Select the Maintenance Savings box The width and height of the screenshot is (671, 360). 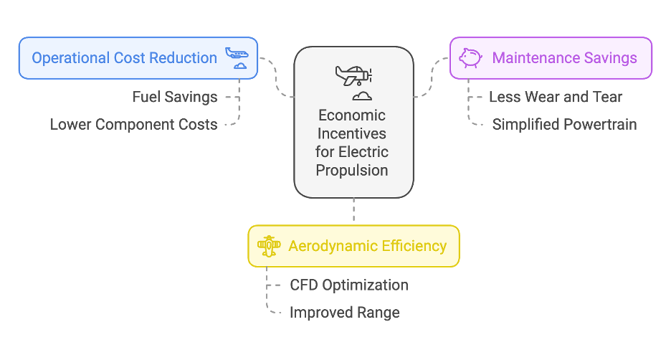point(551,57)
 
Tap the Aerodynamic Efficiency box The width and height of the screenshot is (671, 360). point(353,246)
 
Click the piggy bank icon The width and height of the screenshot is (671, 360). point(470,57)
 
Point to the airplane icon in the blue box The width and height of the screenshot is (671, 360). point(237,57)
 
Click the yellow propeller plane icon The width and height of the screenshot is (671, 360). point(270,246)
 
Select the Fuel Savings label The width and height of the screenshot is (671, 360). point(175,97)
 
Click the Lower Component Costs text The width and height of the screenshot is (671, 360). point(133,124)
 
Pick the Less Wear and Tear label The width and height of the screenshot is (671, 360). point(556,97)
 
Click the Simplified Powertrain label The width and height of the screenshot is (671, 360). point(564,124)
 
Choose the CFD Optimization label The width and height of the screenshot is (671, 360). point(348,285)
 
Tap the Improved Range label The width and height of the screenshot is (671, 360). point(344,312)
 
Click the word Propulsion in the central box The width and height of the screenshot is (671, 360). point(354,170)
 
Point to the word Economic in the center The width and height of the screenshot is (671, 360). point(354,115)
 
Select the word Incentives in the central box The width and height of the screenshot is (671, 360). point(354,134)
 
